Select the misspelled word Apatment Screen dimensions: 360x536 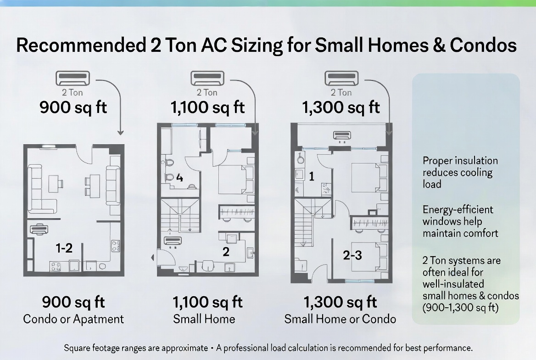pos(100,319)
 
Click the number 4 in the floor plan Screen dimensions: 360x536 pos(179,178)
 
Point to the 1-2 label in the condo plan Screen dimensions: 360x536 pos(64,248)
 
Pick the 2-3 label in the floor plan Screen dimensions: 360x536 pos(352,256)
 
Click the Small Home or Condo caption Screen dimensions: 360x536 pos(340,319)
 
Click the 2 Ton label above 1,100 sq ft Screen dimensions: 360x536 pos(207,92)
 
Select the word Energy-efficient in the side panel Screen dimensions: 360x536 pos(458,210)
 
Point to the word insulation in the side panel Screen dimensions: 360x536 pos(475,161)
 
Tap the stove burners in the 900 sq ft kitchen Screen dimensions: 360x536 pos(57,266)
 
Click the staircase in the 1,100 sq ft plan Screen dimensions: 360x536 pos(179,216)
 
